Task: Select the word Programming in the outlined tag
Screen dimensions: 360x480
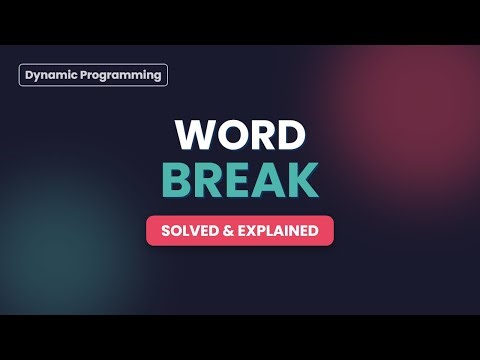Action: pos(121,75)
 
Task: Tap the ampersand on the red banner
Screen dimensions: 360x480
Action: pos(226,231)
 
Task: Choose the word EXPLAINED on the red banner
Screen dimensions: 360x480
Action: pos(277,231)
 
